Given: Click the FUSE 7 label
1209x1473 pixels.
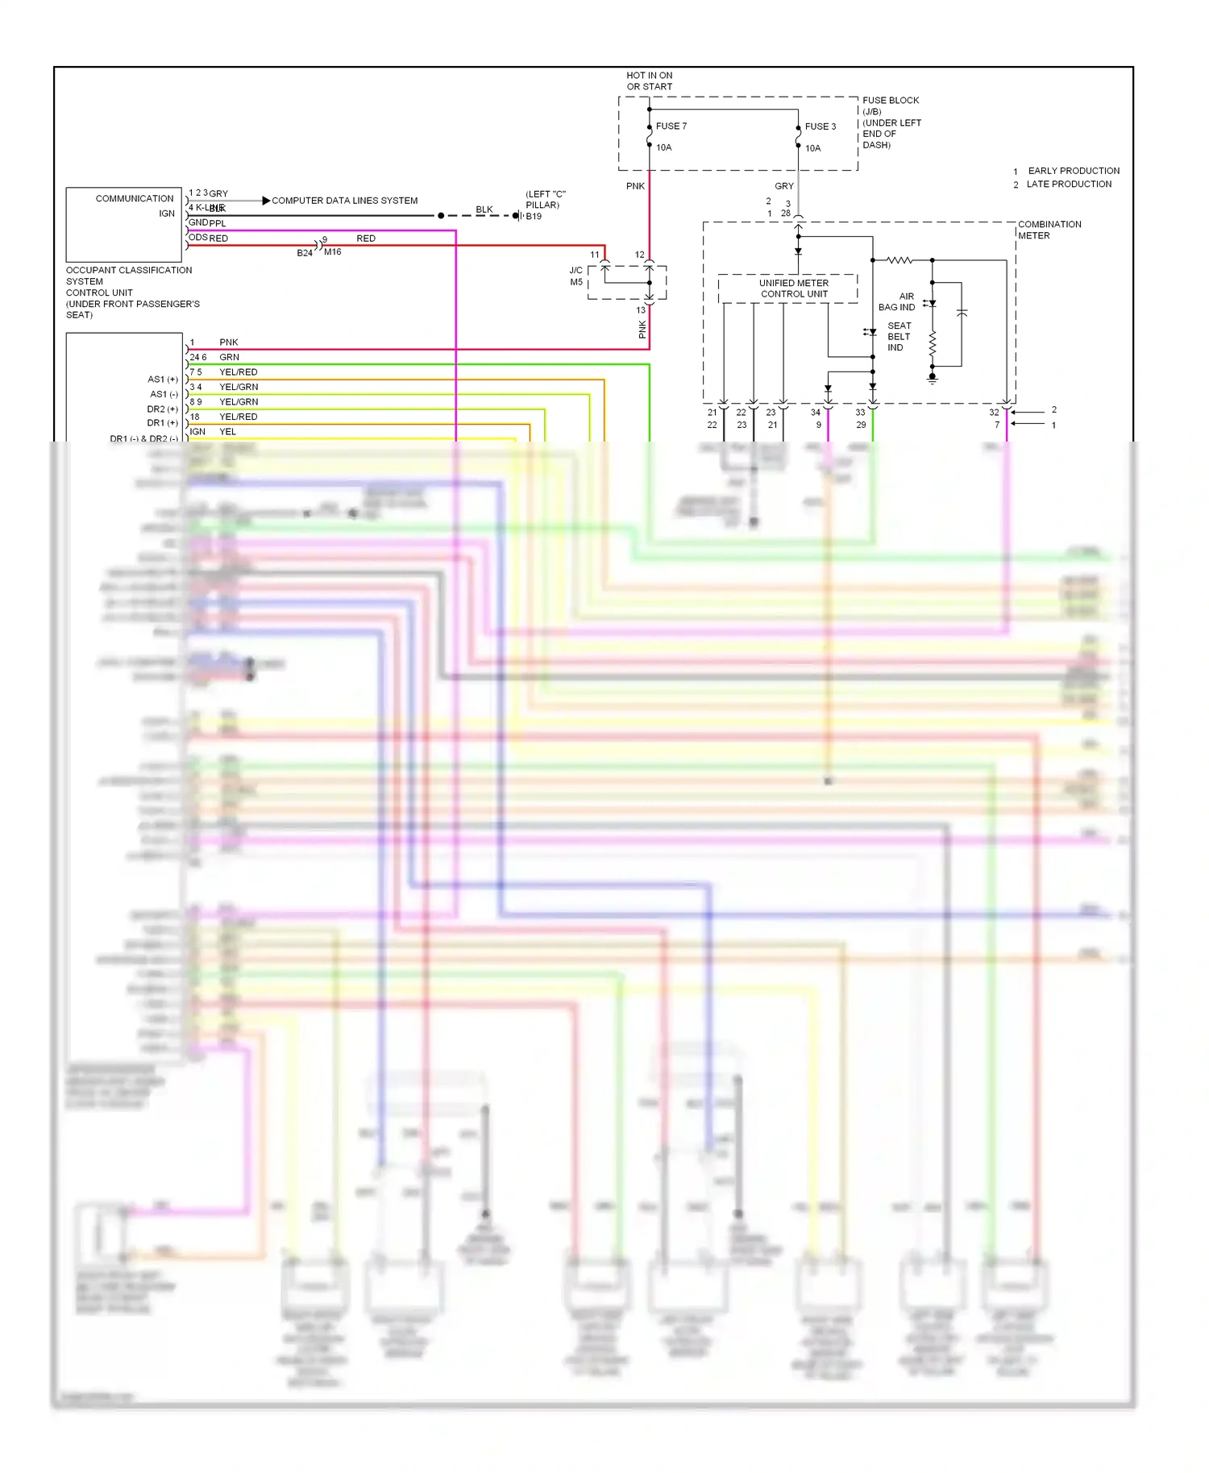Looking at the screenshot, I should coord(671,126).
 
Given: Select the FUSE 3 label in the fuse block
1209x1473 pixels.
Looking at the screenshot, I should coord(820,127).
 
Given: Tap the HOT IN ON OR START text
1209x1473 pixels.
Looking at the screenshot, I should coord(649,81).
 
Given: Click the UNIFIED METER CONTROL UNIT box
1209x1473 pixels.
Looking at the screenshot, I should coord(793,288).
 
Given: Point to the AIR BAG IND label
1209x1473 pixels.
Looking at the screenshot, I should coord(897,301).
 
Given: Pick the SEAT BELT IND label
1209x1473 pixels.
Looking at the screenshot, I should coord(899,336).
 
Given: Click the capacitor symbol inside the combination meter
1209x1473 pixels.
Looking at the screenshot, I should coord(961,313).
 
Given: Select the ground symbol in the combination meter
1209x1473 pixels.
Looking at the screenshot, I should coord(933,377).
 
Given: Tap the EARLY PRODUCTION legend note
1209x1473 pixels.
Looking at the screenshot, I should coord(1073,171).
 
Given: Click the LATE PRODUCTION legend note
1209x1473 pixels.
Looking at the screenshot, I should coord(1068,184).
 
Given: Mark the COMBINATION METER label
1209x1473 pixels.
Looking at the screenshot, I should coord(1049,230).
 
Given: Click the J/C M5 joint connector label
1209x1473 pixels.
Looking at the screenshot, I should coord(576,276).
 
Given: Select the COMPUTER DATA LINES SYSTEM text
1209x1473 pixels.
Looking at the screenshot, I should coord(344,201).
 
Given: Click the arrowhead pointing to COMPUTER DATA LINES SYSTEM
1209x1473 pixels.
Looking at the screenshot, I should coord(266,201).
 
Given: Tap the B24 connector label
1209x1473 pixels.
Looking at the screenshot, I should coord(305,253).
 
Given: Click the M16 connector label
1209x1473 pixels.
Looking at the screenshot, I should coord(333,251).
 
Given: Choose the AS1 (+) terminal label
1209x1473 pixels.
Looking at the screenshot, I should coord(162,379).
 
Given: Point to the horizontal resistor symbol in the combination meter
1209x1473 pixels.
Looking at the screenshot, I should coord(899,260).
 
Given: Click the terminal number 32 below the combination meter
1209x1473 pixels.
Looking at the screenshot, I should coord(994,412).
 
